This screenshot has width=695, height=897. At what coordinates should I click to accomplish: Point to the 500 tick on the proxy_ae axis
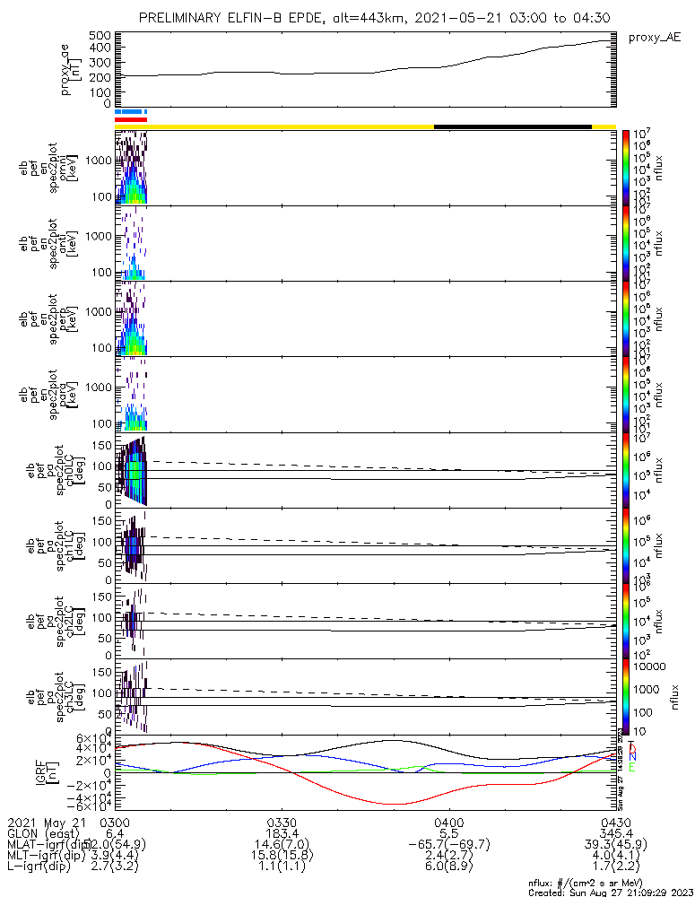coord(100,36)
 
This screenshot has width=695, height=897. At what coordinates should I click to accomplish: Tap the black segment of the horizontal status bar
coord(512,126)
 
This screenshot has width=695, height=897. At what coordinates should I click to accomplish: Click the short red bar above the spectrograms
coord(130,119)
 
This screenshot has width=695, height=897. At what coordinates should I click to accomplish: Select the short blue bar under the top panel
coord(130,111)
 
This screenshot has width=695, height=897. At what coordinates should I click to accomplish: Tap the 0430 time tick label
coord(615,822)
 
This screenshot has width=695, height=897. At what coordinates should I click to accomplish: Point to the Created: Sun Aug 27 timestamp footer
coord(611,892)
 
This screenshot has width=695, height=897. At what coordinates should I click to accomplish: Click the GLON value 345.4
coord(615,833)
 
